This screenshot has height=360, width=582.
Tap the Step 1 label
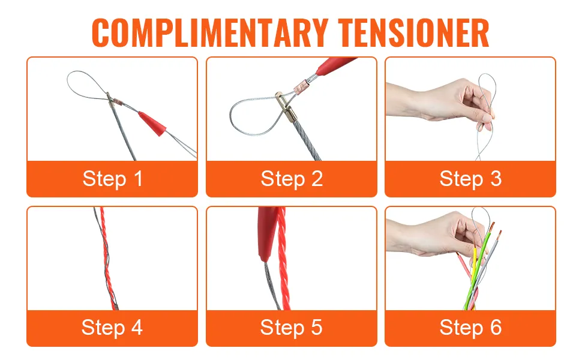tap(112, 179)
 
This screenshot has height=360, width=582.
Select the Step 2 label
tap(292, 179)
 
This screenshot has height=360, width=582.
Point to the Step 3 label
tap(470, 179)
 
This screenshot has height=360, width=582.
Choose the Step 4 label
tap(112, 328)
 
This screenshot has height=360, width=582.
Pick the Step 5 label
tap(292, 328)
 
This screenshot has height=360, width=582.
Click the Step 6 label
tap(470, 328)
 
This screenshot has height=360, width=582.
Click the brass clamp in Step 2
tap(286, 107)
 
